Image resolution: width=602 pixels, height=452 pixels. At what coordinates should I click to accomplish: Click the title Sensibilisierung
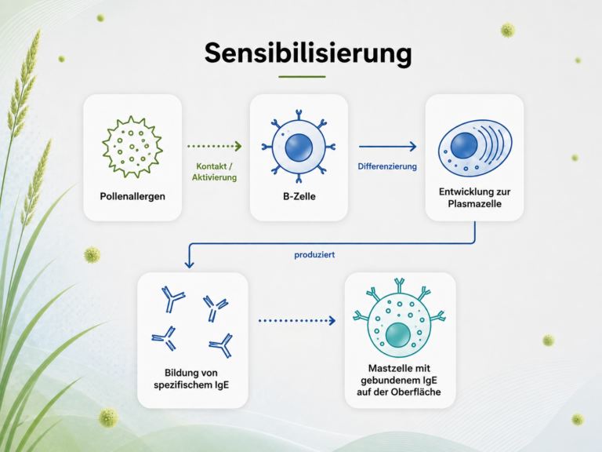[x=308, y=53]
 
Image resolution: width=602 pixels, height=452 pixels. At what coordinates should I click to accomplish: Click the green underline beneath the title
[x=302, y=77]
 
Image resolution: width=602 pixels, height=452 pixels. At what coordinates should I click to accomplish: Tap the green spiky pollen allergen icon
[x=132, y=147]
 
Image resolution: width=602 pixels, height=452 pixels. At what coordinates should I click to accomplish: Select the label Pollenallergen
[x=132, y=196]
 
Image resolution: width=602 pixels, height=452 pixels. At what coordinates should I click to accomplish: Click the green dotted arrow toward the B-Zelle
[x=214, y=146]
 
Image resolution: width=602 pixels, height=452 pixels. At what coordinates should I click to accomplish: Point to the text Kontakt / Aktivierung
[x=214, y=172]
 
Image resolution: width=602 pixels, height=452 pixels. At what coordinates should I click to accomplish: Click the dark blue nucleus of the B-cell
[x=299, y=148]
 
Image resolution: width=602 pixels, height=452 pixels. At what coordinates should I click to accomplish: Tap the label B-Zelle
[x=299, y=196]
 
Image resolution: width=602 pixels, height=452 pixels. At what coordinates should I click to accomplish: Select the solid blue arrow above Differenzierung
[x=388, y=147]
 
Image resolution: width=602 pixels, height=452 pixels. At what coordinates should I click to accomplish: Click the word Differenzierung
[x=387, y=166]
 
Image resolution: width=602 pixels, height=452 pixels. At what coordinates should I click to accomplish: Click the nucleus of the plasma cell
[x=464, y=146]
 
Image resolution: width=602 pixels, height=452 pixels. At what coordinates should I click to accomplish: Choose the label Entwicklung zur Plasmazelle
[x=474, y=198]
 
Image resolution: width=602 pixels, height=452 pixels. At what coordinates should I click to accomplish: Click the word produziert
[x=314, y=255]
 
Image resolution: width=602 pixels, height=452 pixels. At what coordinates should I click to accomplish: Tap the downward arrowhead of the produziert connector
[x=189, y=264]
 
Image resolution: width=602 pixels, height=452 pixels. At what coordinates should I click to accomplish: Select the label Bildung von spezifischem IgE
[x=191, y=379]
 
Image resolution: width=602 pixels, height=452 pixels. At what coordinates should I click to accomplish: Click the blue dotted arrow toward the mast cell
[x=297, y=320]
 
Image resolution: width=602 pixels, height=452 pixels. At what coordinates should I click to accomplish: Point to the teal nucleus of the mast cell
[x=398, y=335]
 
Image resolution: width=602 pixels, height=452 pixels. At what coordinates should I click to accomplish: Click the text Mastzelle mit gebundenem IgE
[x=399, y=374]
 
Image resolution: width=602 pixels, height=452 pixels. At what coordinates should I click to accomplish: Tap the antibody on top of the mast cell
[x=399, y=286]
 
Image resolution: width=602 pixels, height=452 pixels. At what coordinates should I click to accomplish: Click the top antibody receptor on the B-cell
[x=299, y=115]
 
